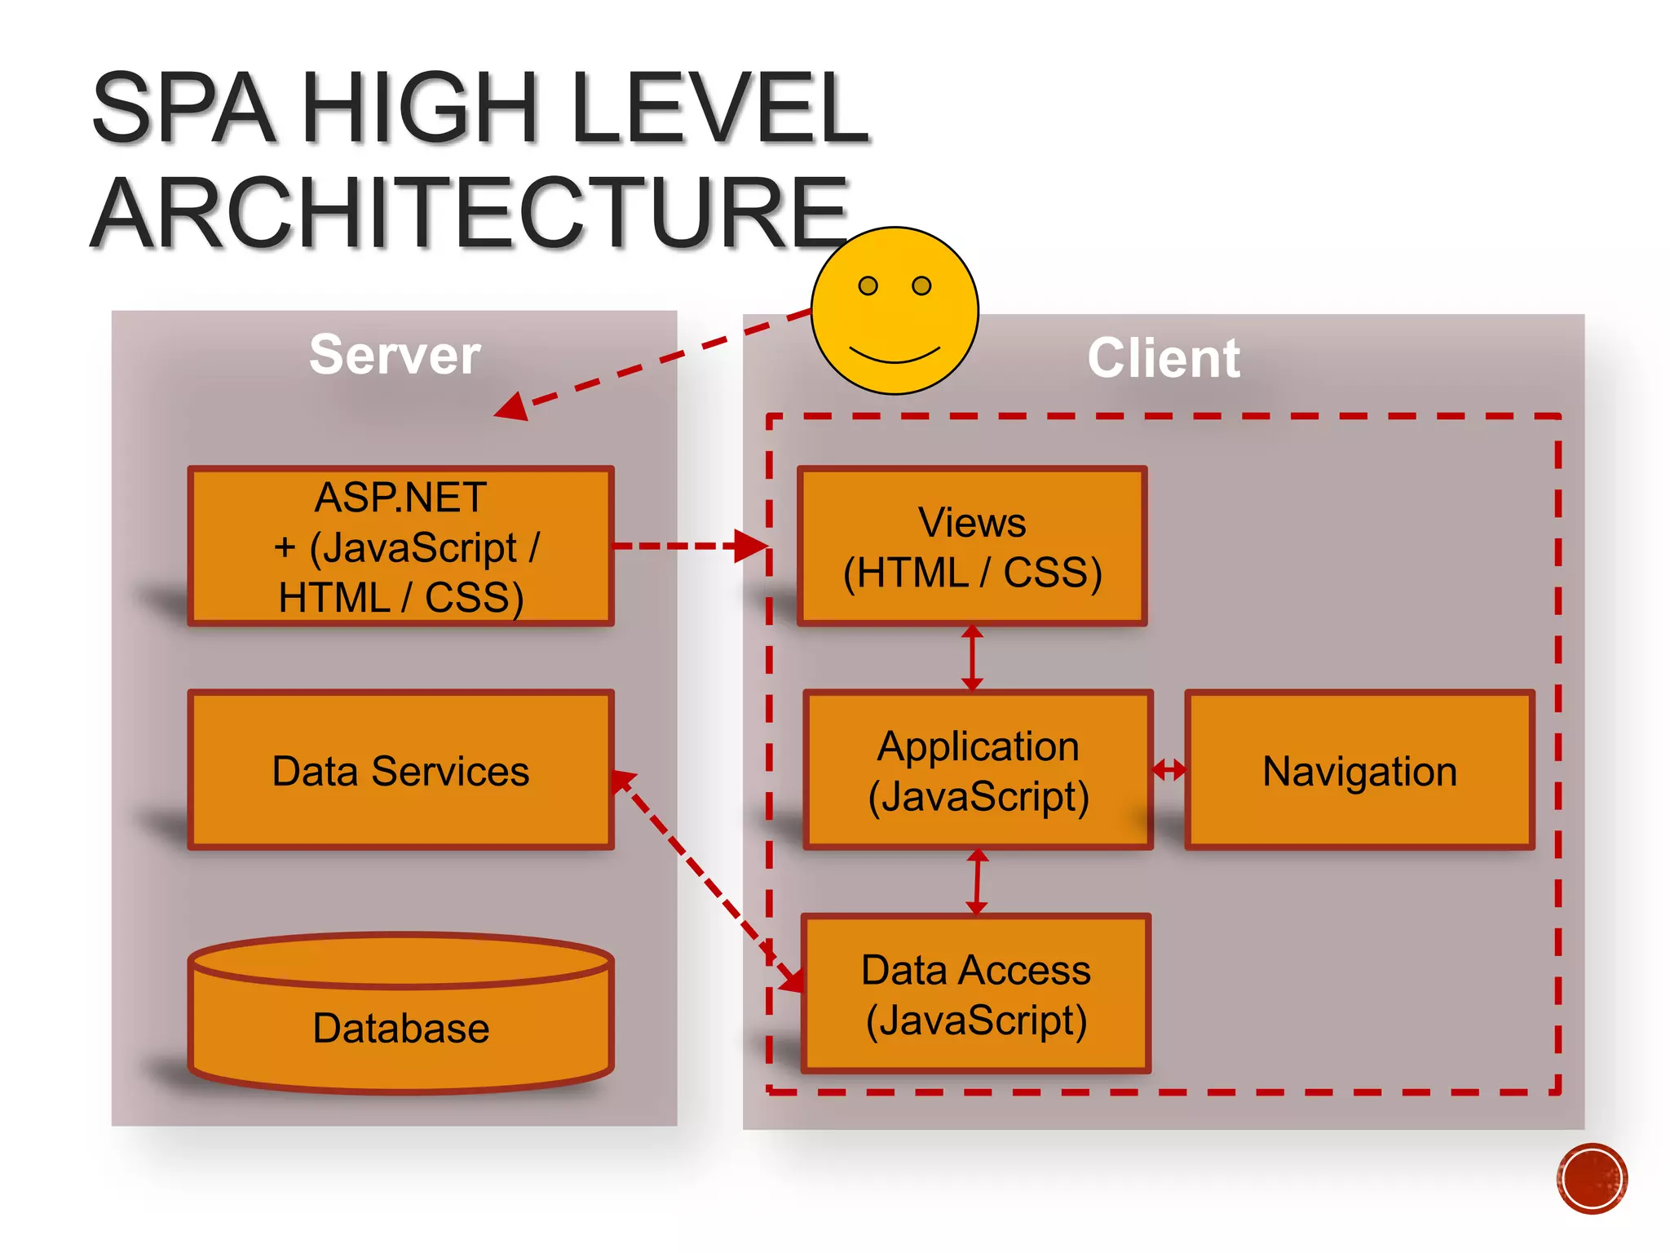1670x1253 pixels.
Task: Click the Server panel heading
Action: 395,355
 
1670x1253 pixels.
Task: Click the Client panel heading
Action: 1163,358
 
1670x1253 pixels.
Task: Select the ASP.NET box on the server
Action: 400,546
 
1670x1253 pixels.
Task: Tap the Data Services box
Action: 400,771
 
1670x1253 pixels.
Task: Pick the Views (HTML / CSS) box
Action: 972,546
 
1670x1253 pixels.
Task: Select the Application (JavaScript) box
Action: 978,771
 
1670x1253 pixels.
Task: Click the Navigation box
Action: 1359,771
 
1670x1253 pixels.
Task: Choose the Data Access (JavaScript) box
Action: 975,994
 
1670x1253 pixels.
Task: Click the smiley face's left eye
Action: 868,286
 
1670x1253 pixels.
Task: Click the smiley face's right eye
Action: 921,286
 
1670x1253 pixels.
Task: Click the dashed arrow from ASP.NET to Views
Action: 685,546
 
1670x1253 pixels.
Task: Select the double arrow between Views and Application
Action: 972,658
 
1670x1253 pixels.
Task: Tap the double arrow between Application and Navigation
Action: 1169,768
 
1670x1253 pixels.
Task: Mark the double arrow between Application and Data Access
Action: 977,882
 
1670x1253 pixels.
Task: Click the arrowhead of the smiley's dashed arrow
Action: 513,406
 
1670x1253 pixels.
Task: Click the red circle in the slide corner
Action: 1591,1178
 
